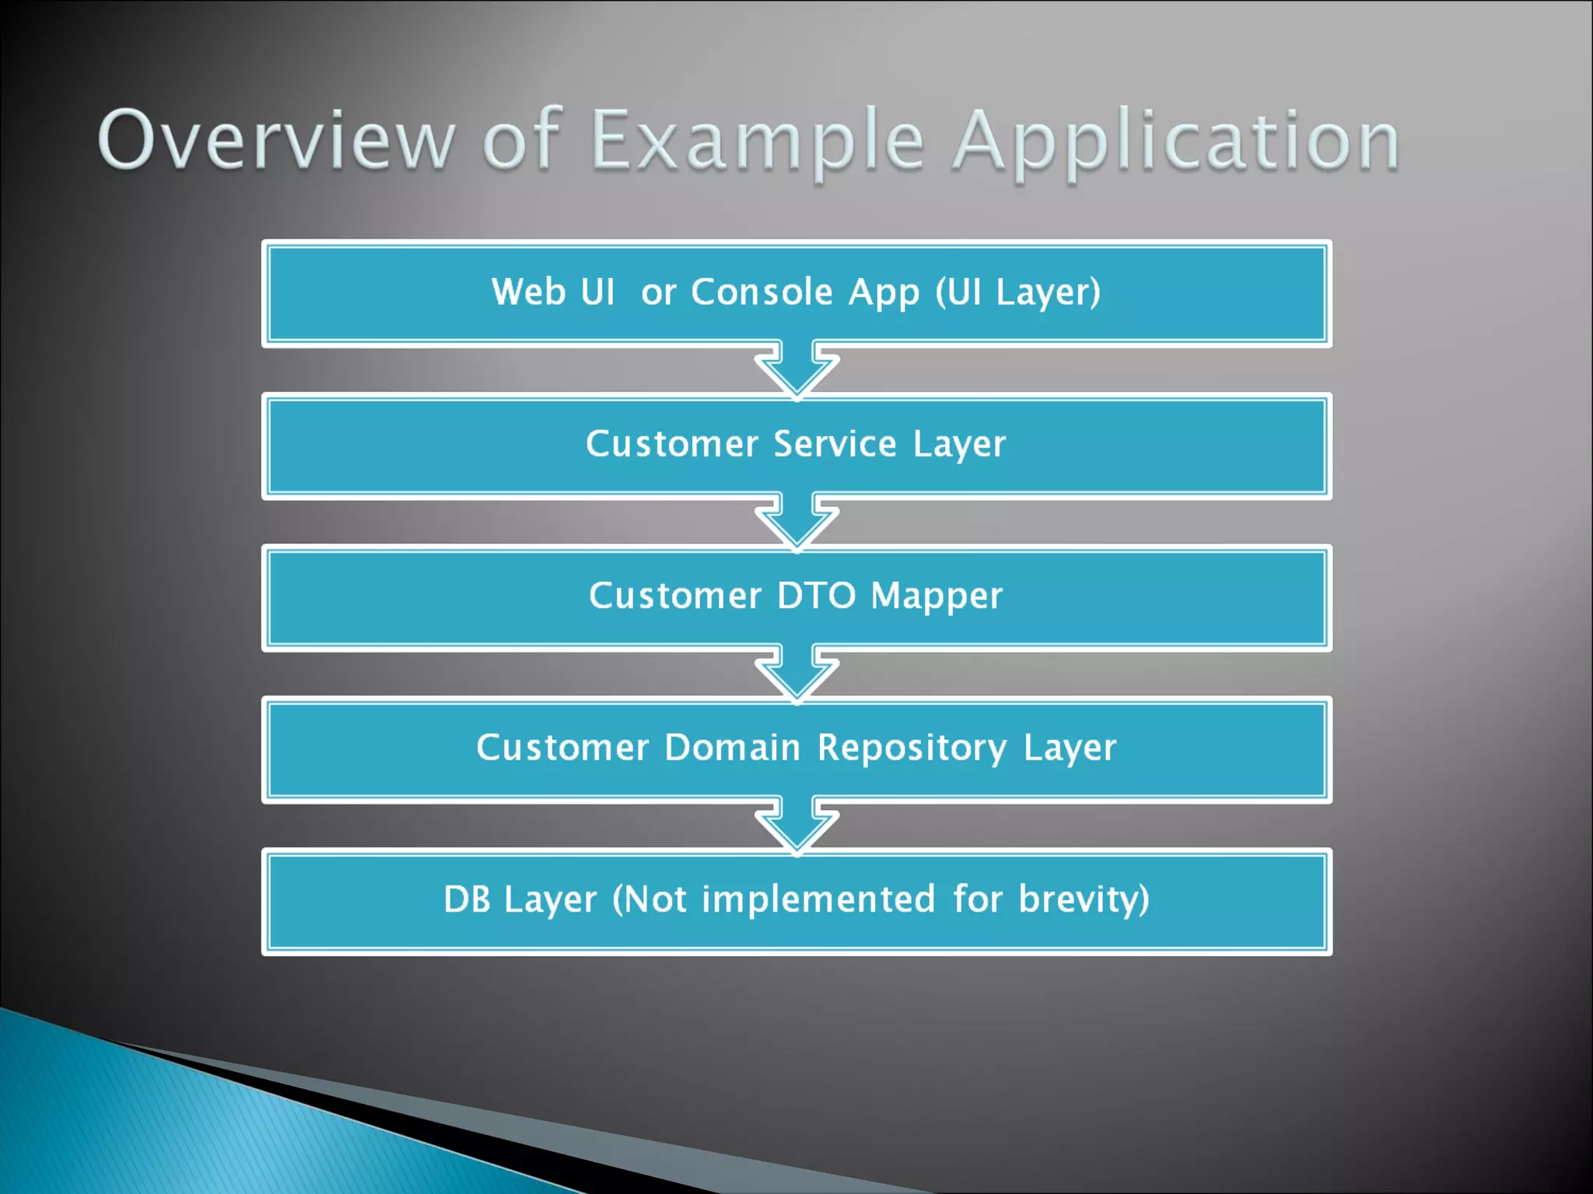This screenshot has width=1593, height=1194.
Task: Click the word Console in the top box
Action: tap(762, 292)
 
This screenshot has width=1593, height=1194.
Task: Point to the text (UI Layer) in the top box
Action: tap(1017, 292)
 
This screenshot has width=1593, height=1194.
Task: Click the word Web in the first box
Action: tap(528, 292)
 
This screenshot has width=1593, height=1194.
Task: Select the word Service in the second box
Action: tap(835, 444)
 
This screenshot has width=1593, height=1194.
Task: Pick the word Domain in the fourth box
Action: tap(732, 747)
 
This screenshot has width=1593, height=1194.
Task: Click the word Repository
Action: tap(912, 749)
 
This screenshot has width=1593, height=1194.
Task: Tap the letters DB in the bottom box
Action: tap(467, 899)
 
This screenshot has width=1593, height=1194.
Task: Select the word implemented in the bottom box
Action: tap(818, 899)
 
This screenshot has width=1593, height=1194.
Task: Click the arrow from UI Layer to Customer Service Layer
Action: tap(796, 368)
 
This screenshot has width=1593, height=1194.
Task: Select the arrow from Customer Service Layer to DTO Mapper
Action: tap(796, 521)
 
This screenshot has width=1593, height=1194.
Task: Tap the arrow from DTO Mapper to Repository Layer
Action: tap(796, 672)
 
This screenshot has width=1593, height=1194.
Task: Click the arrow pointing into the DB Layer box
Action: tap(796, 824)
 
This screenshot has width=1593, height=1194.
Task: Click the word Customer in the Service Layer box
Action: tap(671, 444)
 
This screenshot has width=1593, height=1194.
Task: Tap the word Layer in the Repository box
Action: tap(1070, 749)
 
